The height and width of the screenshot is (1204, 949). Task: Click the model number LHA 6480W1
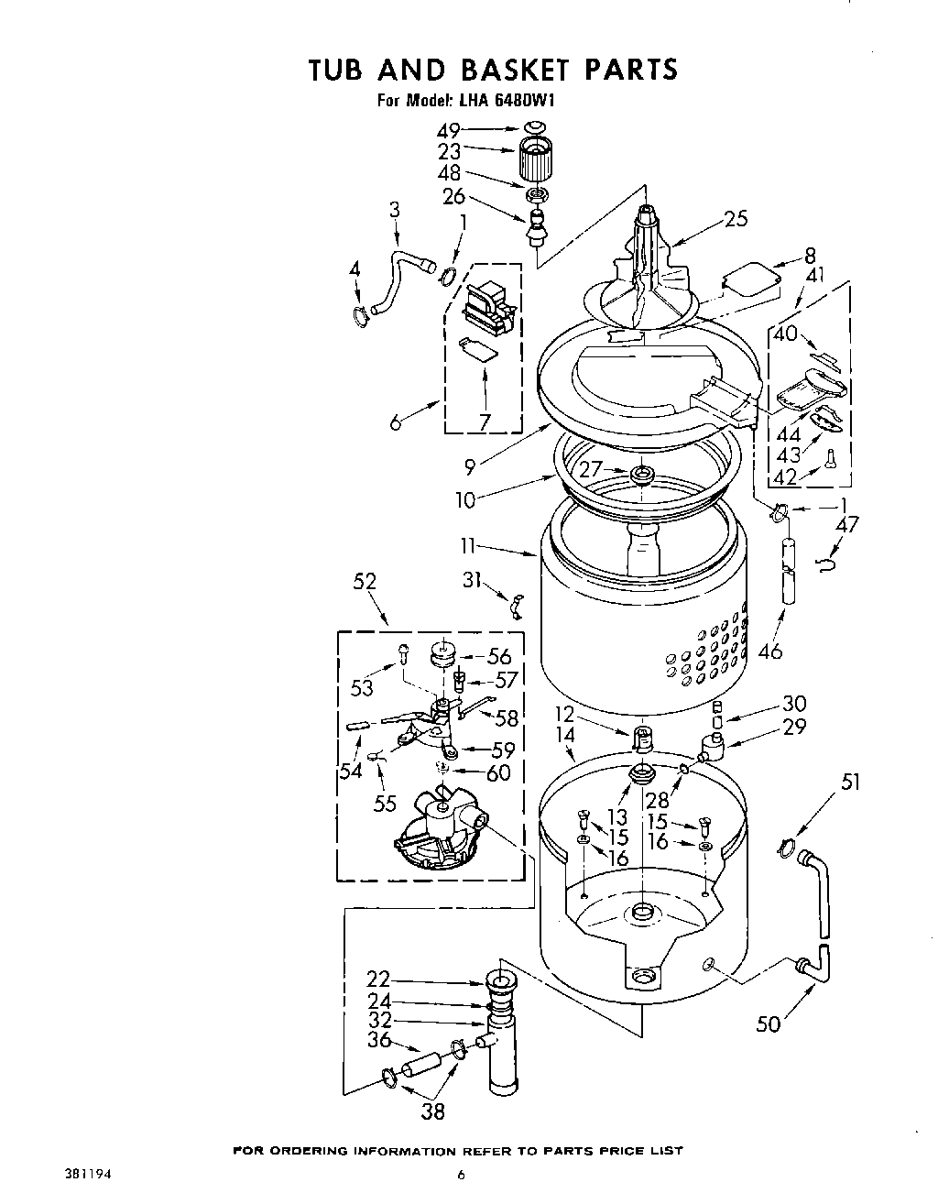503,101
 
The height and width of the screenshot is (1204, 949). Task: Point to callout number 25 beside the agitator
735,218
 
